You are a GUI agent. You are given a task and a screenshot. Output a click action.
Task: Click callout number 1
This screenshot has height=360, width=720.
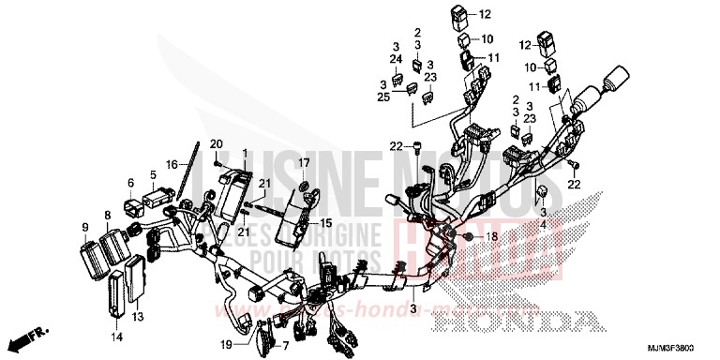click(246, 153)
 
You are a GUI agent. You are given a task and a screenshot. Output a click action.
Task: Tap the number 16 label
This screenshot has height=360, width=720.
click(172, 164)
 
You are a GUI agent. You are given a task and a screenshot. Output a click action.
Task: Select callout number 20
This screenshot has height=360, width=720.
click(217, 143)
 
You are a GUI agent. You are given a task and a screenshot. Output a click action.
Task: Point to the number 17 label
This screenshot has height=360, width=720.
click(305, 164)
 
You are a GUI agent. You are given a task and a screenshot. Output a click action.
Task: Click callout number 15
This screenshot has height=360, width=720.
click(326, 223)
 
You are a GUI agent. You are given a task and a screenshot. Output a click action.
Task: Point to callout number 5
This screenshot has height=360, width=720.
click(152, 174)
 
